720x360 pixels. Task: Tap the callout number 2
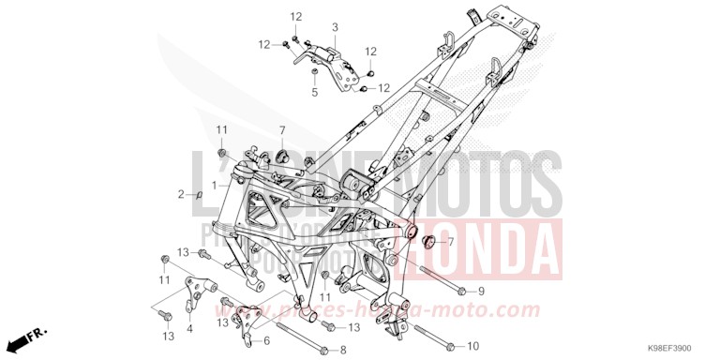click(x=182, y=194)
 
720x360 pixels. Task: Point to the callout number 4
click(x=190, y=328)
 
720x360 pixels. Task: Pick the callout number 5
click(x=314, y=92)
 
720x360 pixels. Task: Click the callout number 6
click(x=266, y=340)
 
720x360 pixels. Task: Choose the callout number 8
click(x=343, y=350)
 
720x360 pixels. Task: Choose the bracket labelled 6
click(x=249, y=320)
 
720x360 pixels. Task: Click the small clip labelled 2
click(x=199, y=194)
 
